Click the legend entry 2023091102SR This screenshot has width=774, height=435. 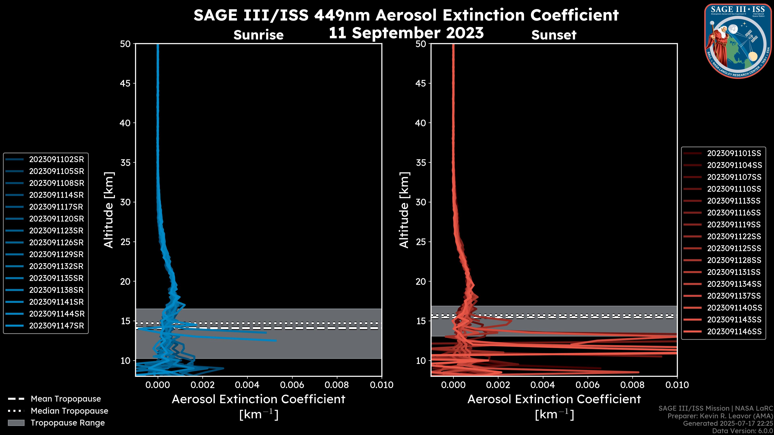[x=56, y=159]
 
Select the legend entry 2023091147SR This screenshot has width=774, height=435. [x=56, y=326]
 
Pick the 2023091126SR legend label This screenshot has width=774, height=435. [x=56, y=242]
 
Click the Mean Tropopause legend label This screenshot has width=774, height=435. [x=66, y=399]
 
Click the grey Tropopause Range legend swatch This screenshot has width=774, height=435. [x=16, y=423]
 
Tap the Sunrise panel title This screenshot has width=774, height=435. [x=258, y=35]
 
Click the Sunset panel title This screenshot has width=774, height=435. [x=554, y=35]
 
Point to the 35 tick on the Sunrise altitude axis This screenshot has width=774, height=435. [x=125, y=163]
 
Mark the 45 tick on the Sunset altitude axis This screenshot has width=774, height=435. [x=421, y=83]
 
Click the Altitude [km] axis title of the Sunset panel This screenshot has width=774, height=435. [x=404, y=210]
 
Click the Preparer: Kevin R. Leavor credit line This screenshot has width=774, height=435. [x=720, y=416]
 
